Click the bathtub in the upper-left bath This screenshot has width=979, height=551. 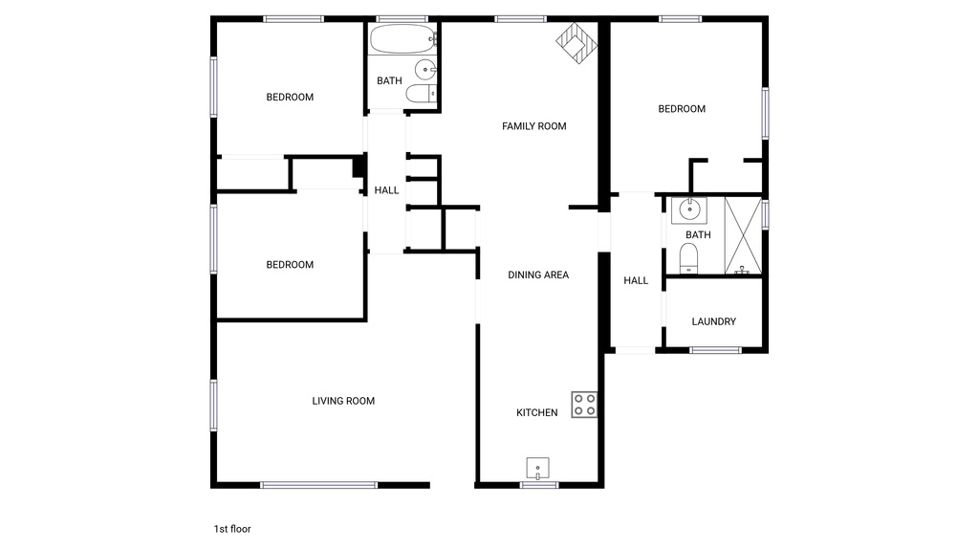pyautogui.click(x=402, y=40)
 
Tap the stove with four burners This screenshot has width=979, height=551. pyautogui.click(x=584, y=405)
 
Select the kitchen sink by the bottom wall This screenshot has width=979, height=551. pyautogui.click(x=538, y=468)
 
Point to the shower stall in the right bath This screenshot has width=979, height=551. pyautogui.click(x=743, y=234)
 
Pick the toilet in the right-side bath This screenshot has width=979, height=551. pyautogui.click(x=688, y=257)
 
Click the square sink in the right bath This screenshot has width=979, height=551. pyautogui.click(x=688, y=209)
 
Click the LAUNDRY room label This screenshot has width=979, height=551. pyautogui.click(x=713, y=321)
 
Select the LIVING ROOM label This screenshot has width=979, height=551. pyautogui.click(x=343, y=401)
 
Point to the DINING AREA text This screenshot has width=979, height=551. pyautogui.click(x=538, y=275)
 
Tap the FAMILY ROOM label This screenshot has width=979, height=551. pyautogui.click(x=534, y=126)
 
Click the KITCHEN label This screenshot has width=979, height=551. pyautogui.click(x=537, y=412)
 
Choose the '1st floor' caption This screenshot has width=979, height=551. pyautogui.click(x=232, y=528)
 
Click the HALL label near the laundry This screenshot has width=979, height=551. pyautogui.click(x=636, y=280)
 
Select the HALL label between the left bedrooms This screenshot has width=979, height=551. pyautogui.click(x=386, y=190)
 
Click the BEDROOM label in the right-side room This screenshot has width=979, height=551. pyautogui.click(x=682, y=109)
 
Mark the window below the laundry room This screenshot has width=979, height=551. pyautogui.click(x=716, y=350)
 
